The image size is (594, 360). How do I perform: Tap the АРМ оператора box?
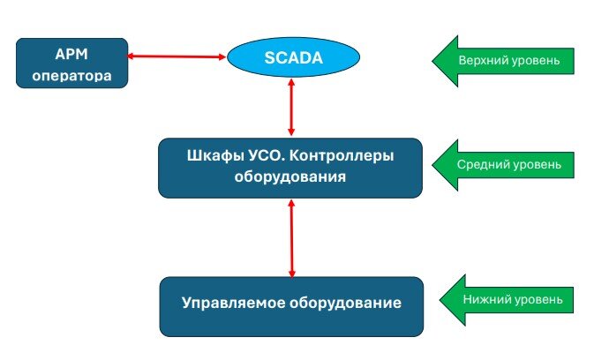click(72, 63)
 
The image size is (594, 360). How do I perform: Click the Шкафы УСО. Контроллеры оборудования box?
click(291, 166)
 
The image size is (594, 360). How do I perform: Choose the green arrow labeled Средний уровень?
click(503, 164)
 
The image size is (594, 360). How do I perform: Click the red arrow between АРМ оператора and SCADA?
click(177, 57)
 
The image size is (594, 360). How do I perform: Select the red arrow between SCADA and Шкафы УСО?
click(292, 107)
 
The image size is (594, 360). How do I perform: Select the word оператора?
click(72, 75)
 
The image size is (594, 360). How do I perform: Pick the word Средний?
click(480, 164)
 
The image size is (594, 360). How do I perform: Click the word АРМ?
click(72, 51)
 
